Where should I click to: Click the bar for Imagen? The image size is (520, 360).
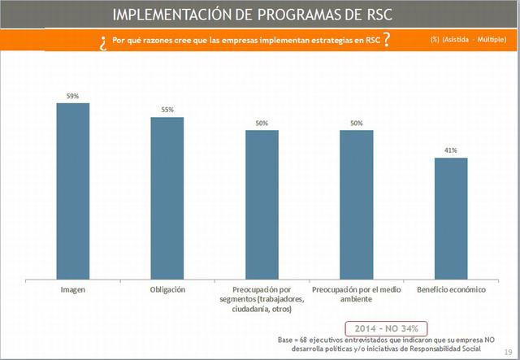tap(73, 190)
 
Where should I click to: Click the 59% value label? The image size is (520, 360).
tap(73, 96)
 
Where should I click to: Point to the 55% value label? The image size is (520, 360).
tap(167, 109)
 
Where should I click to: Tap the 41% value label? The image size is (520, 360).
tap(451, 150)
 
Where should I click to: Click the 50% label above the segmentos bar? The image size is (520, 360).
tap(262, 123)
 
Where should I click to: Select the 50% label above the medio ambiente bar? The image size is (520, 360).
tap(357, 123)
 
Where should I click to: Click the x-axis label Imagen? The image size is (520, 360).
tap(73, 289)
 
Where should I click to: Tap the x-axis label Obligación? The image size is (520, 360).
tap(167, 289)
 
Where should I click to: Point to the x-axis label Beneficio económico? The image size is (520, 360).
tap(451, 289)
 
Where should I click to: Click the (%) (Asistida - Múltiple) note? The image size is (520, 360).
tap(462, 40)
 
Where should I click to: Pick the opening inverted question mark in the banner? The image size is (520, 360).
tap(103, 41)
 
